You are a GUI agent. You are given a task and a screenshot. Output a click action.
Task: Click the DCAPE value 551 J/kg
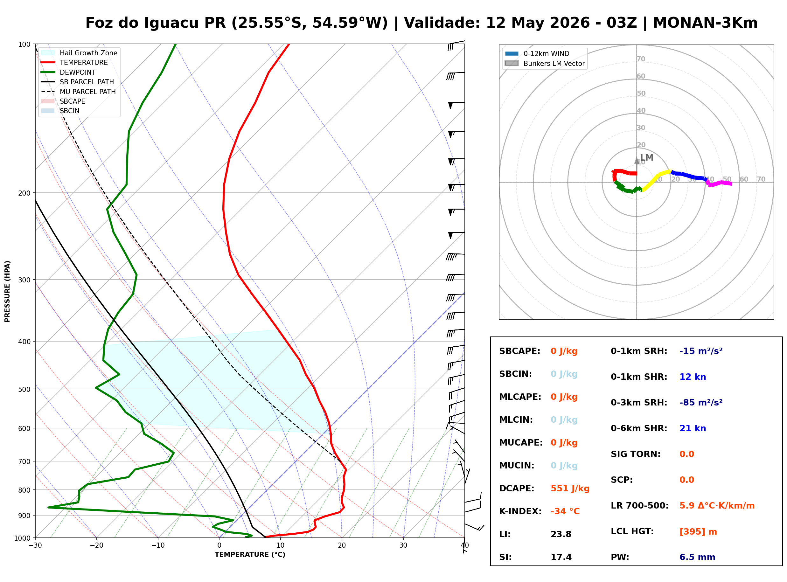(570, 488)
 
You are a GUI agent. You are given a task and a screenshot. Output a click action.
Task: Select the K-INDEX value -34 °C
(565, 511)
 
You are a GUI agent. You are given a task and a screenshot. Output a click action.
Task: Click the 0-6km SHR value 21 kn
(693, 428)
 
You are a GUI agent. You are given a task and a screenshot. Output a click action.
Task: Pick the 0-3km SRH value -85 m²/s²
(701, 402)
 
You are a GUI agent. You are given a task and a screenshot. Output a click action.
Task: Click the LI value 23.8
(561, 534)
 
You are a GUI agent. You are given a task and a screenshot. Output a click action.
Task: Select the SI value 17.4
(561, 557)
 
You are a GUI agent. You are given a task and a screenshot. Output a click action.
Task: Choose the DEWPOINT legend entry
(68, 72)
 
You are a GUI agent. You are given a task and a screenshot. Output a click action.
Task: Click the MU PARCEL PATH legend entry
(78, 92)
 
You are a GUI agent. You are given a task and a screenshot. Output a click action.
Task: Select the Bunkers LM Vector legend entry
(545, 63)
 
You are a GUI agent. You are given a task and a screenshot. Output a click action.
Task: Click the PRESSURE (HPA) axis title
(7, 291)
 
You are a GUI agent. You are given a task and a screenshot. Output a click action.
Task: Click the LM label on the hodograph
(646, 157)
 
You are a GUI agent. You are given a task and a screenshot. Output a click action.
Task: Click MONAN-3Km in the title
(705, 23)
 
